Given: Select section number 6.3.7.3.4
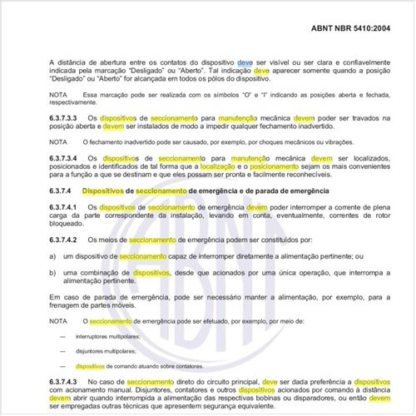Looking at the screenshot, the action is (x=69, y=157).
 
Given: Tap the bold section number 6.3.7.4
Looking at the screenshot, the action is (x=65, y=192).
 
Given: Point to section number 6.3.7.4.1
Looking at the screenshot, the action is (x=69, y=206).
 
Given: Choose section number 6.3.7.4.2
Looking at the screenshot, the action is (x=69, y=240).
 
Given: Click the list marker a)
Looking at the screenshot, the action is (x=53, y=257).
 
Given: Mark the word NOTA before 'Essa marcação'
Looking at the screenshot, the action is (x=58, y=96).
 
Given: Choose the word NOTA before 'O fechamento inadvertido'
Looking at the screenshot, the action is (x=58, y=142).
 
